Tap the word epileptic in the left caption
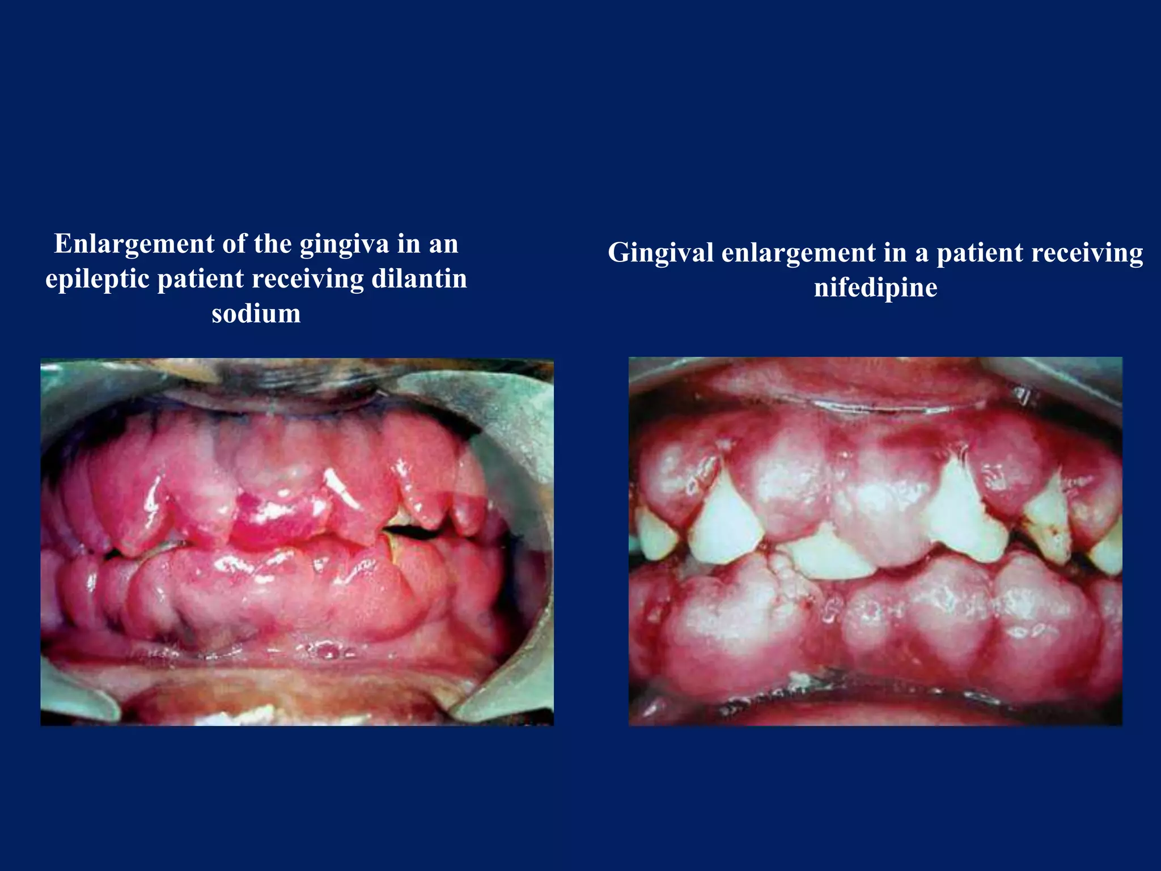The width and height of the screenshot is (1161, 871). (97, 280)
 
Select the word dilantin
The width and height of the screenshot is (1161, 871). (419, 280)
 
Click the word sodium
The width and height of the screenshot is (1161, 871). (256, 314)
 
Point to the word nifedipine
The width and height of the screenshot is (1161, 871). (875, 287)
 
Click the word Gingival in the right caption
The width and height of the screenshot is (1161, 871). (660, 253)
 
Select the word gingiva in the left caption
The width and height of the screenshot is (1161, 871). (344, 244)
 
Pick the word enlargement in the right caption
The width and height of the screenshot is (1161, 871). (798, 253)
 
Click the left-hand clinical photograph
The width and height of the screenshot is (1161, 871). (297, 542)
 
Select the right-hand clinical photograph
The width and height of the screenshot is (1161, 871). (875, 541)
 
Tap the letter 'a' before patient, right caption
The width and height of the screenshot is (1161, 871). (921, 253)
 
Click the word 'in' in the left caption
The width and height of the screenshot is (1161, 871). (408, 244)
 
